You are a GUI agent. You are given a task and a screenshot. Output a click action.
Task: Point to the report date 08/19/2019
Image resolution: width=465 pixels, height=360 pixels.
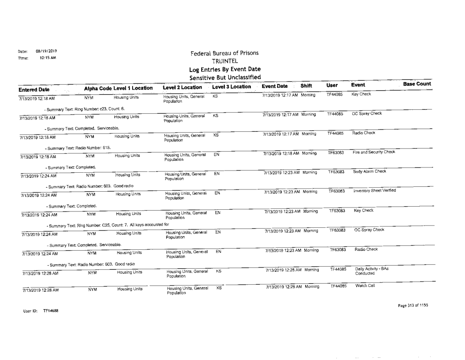click(46, 51)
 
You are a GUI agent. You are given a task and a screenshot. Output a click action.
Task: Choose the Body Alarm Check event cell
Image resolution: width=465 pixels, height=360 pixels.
click(369, 171)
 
